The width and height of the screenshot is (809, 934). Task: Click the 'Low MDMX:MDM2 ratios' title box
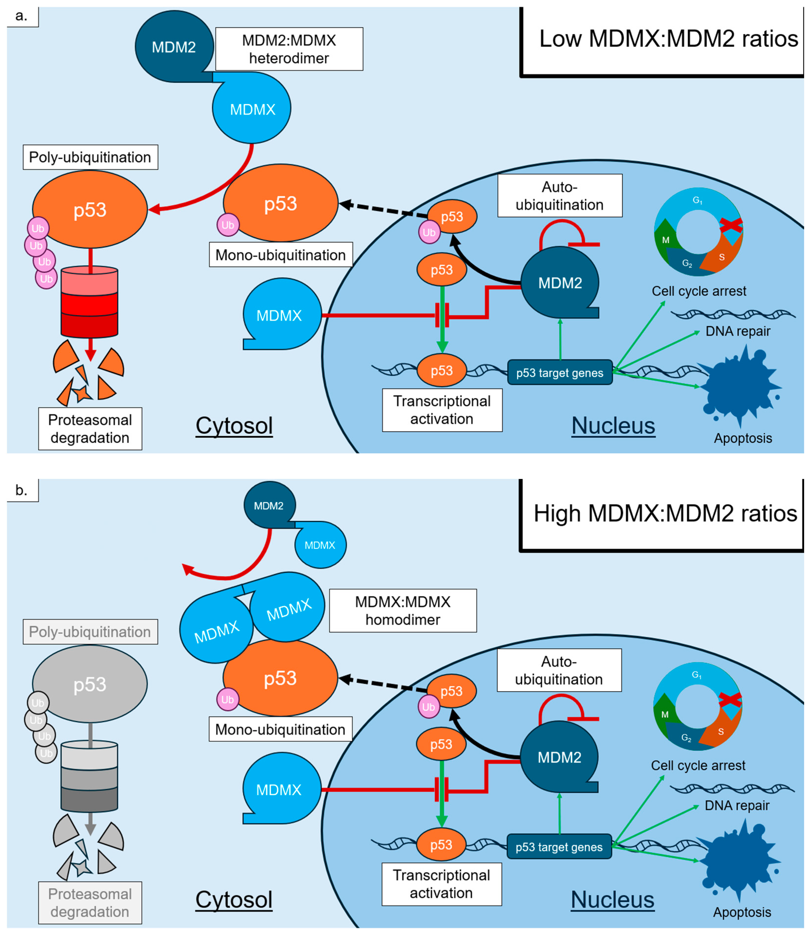pos(664,40)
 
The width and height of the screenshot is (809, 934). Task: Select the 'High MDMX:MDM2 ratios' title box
pos(664,514)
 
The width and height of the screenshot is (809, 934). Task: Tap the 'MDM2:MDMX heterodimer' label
pos(289,49)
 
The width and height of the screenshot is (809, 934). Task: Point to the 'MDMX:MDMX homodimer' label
pos(403,611)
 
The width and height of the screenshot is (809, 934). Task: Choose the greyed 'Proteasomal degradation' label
pos(90,903)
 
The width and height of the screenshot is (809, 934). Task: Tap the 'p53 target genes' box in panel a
pos(560,373)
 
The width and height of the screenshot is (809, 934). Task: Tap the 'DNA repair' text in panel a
pos(738,331)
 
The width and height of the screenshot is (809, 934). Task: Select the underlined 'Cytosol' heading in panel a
pos(234,426)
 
